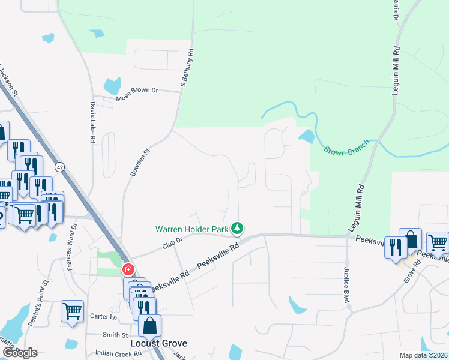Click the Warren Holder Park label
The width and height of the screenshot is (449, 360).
point(191,229)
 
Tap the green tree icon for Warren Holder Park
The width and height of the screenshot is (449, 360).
point(238,228)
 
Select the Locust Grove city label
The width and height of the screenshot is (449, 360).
point(158,343)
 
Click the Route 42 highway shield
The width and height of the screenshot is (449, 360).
point(59,166)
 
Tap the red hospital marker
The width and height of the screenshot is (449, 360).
point(128,270)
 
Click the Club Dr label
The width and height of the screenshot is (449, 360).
point(171,243)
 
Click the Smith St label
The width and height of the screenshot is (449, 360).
point(115,335)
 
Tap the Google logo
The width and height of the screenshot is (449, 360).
point(20,353)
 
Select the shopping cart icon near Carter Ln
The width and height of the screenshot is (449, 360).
point(72,311)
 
